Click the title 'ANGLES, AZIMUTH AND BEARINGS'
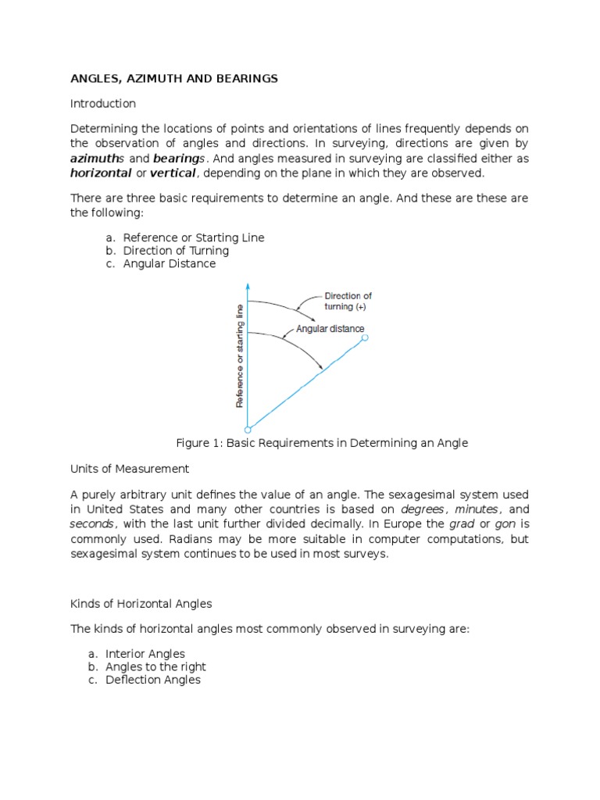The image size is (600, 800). [174, 79]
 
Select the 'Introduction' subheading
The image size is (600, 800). [103, 103]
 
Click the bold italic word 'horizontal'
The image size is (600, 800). [101, 173]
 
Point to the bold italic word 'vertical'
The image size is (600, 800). [173, 173]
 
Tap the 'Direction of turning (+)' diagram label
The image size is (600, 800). [348, 302]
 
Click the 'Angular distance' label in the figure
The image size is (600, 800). [330, 329]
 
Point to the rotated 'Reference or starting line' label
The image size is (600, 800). [240, 356]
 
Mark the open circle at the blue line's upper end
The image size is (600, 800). [365, 337]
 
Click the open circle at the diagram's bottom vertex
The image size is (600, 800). [248, 429]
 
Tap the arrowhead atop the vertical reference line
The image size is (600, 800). [248, 286]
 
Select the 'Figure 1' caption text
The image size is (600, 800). [322, 443]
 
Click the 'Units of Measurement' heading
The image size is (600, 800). [130, 469]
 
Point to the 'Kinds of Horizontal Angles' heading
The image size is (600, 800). [141, 604]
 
